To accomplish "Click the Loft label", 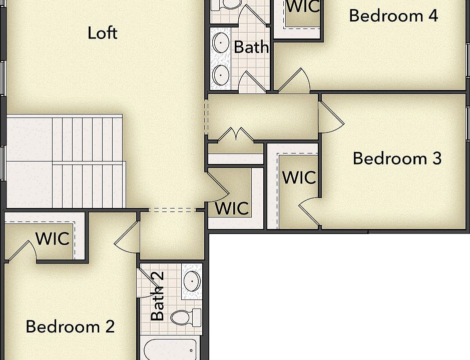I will coord(103,33).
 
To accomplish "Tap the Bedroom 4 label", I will coord(393,15).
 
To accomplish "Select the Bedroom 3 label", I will coord(397,158).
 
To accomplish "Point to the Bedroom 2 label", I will coord(70,327).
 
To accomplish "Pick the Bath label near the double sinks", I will coord(251,47).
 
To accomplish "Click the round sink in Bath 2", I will coord(192,281).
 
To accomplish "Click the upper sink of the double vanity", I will coord(221,43).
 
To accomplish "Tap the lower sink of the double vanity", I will coord(221,75).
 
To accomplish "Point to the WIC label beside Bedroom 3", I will coord(299,177).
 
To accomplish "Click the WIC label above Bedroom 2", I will coord(53,238).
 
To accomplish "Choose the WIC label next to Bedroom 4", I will coord(303,6).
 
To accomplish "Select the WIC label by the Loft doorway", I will coord(232,208).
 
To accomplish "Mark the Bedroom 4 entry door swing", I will coord(295,81).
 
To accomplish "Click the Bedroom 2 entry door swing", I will coord(127,236).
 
